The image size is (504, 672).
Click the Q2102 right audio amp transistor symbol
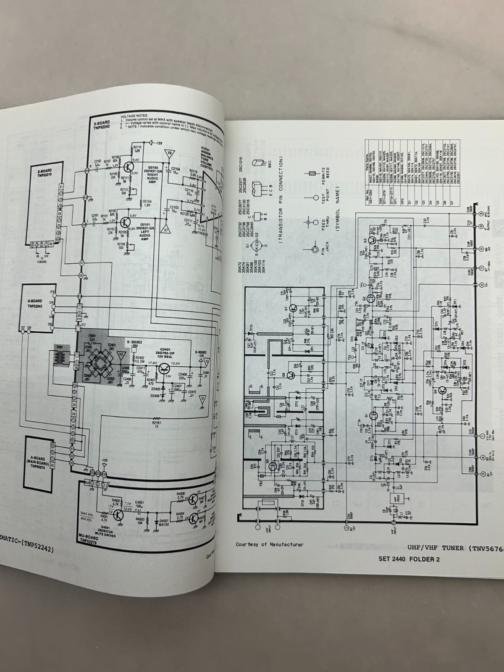(126, 168)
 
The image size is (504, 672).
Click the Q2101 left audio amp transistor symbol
(125, 222)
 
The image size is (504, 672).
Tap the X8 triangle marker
(170, 154)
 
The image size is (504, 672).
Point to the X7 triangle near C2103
(166, 230)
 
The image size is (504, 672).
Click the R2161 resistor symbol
(157, 418)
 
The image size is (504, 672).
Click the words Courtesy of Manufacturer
(269, 545)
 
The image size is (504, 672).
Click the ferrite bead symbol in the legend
(311, 173)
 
